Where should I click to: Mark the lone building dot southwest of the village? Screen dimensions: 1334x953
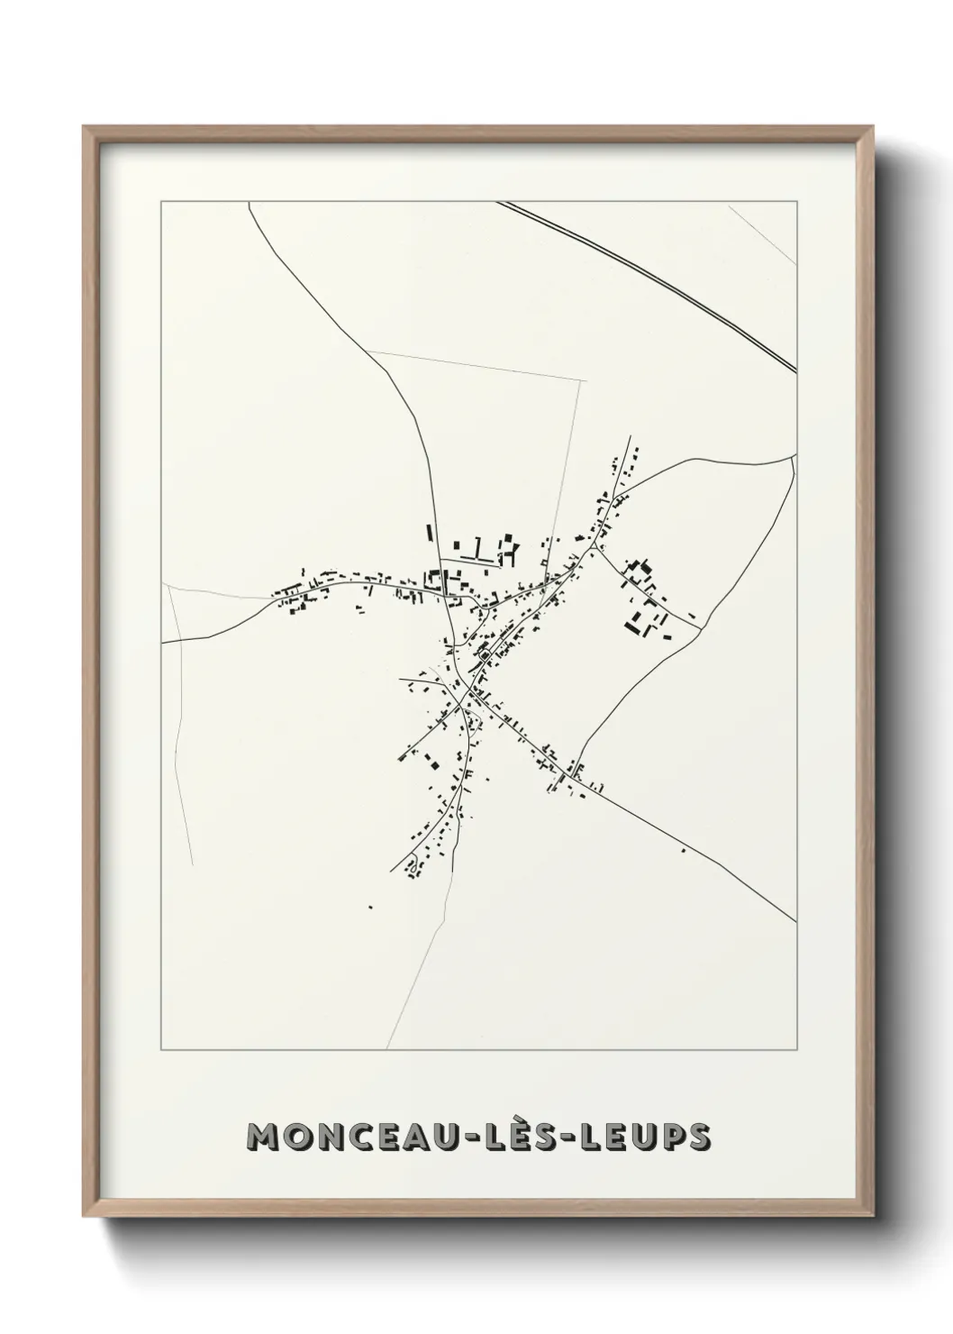click(x=370, y=907)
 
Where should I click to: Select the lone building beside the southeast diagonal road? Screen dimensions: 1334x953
click(x=682, y=850)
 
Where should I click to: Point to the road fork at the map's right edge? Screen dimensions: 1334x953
click(x=792, y=457)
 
